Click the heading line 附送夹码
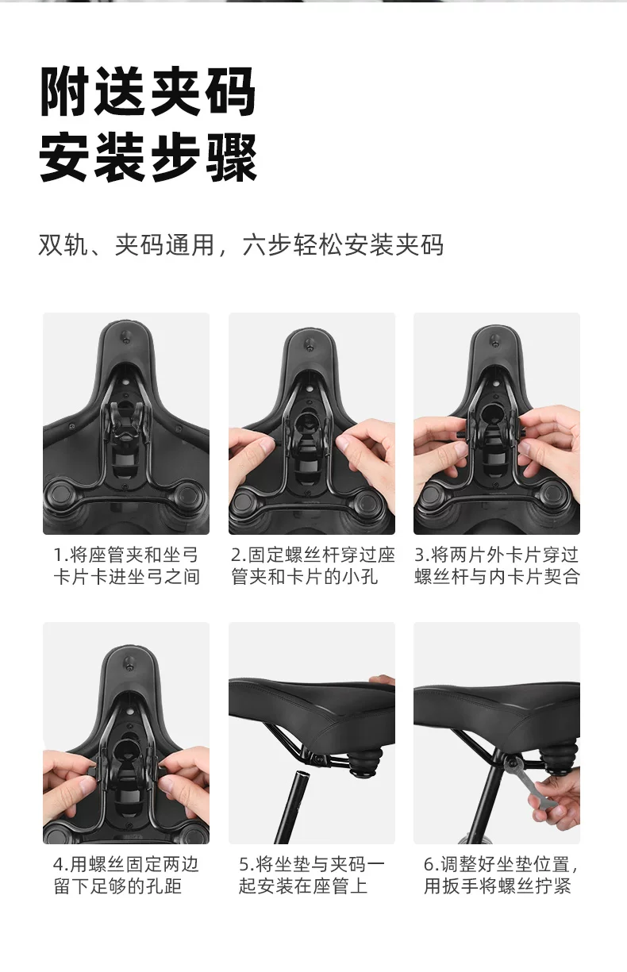[148, 92]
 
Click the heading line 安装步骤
[148, 158]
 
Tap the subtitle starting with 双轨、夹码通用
[241, 245]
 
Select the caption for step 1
[126, 566]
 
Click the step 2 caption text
[313, 566]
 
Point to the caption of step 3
[498, 566]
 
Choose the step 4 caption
[126, 875]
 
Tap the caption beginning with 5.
[312, 875]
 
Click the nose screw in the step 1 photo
[126, 336]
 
